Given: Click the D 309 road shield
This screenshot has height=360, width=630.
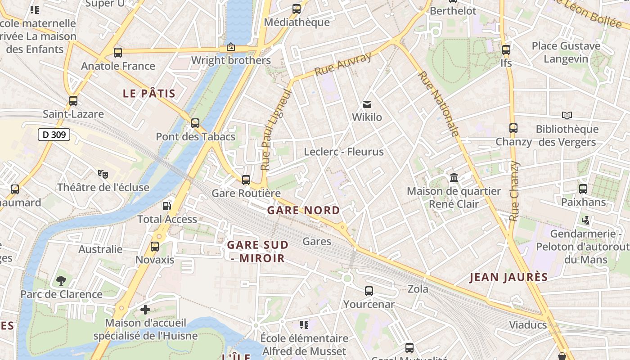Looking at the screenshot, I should point(54,134).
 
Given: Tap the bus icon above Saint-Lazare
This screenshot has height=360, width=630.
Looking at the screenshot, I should point(73,101).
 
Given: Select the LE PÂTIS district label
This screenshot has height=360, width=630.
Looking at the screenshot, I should point(149,94).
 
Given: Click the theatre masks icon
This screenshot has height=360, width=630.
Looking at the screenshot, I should point(103,173).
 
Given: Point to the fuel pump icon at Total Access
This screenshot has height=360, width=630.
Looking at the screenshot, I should point(167,206).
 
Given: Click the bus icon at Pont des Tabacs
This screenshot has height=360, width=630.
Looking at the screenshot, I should point(195,123).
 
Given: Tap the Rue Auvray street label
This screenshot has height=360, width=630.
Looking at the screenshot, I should point(343,64).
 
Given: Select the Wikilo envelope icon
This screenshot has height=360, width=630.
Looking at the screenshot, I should point(367,104).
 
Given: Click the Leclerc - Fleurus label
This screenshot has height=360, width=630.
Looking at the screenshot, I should point(344,152).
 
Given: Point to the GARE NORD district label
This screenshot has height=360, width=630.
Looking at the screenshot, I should point(304,210).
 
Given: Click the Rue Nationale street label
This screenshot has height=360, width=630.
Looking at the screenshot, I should point(438,103).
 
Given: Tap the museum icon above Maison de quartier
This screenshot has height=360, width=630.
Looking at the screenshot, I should point(454,178).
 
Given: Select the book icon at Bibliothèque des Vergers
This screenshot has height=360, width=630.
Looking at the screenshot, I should point(567,116).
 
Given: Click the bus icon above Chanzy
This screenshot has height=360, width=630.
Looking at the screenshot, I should point(513,128).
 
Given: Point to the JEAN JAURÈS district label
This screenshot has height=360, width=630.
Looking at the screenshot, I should point(509,277).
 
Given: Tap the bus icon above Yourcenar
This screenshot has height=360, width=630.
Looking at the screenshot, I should point(369,291).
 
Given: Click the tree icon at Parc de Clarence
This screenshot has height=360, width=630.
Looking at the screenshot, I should point(61,281).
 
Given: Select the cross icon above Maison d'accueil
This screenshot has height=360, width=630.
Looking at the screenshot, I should point(145,310).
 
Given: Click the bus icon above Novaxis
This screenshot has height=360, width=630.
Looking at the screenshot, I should point(155,246).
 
